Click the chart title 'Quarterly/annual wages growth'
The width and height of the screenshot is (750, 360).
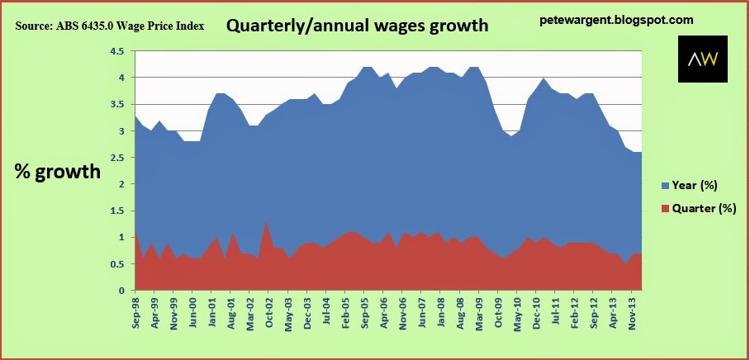tap(357, 26)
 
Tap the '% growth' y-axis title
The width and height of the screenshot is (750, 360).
tap(58, 173)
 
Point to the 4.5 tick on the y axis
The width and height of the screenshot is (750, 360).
tap(116, 51)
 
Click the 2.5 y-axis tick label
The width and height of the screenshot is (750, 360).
tap(116, 158)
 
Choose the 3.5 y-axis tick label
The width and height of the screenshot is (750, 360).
tap(116, 104)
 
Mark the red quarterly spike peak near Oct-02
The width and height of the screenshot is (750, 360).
tap(266, 222)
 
